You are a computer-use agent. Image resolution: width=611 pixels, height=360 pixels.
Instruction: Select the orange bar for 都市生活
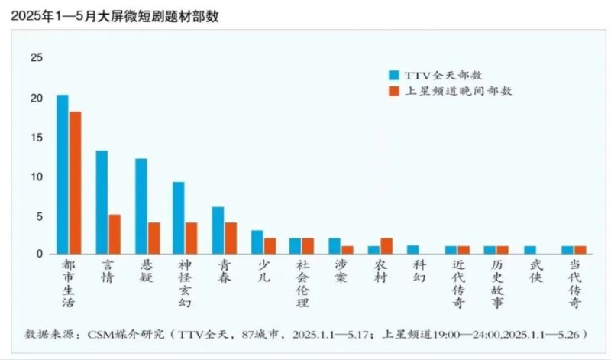point(75,183)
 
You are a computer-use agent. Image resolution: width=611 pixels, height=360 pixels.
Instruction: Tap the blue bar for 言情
point(102,202)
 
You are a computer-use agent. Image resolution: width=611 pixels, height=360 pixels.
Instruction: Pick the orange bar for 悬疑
point(154,238)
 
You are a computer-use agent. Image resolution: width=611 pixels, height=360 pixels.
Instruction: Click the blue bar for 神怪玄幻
point(179,218)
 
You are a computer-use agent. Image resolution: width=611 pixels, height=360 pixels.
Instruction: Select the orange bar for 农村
point(386,245)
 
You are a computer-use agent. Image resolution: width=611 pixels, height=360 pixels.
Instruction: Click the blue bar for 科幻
point(412,249)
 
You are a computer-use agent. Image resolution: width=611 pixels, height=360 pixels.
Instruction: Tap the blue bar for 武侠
point(530,249)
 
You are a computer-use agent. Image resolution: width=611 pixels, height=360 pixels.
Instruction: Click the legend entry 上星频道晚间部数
point(449,91)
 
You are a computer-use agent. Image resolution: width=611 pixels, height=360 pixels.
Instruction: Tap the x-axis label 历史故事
point(496,282)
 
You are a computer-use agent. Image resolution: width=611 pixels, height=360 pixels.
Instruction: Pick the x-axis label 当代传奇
point(574,282)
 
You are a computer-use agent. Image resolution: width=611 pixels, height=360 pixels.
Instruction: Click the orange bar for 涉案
point(348,249)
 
